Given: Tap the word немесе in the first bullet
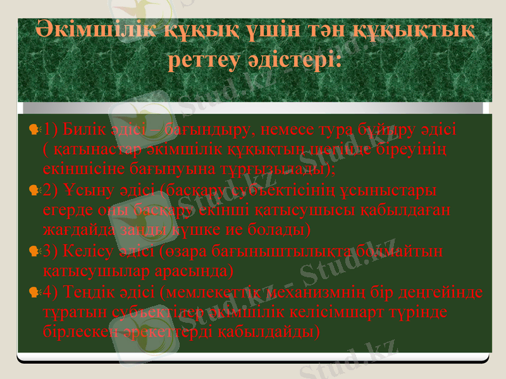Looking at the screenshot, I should tap(287, 130).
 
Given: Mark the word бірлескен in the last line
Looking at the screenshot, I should tap(71, 331).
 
